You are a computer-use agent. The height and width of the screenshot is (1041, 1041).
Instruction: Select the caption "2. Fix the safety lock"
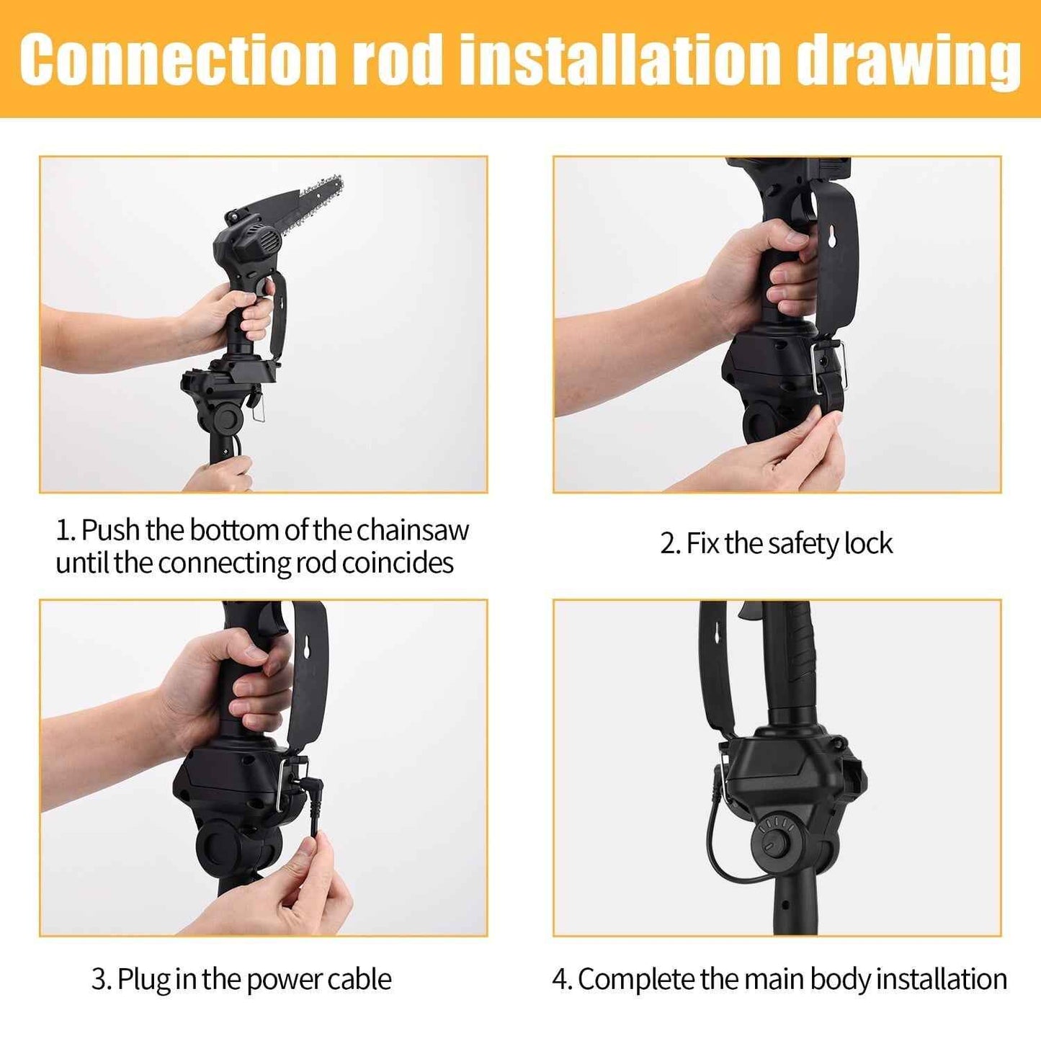(776, 543)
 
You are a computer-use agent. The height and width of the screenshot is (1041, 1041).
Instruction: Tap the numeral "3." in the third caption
(101, 980)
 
